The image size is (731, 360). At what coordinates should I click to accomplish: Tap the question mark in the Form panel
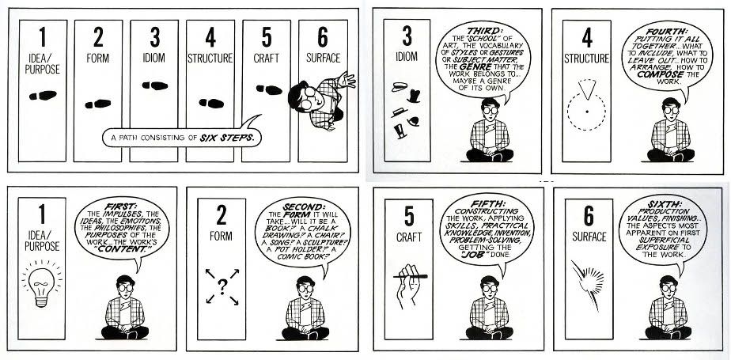pyautogui.click(x=222, y=286)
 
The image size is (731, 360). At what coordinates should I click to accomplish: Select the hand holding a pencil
pyautogui.click(x=409, y=286)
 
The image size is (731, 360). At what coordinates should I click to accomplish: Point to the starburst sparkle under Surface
pyautogui.click(x=588, y=283)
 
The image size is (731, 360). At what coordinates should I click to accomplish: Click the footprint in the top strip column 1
pyautogui.click(x=43, y=96)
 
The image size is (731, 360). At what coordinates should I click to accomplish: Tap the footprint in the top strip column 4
pyautogui.click(x=211, y=103)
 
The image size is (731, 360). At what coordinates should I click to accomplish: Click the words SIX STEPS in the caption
pyautogui.click(x=227, y=138)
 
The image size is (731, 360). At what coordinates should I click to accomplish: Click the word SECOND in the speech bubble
pyautogui.click(x=302, y=207)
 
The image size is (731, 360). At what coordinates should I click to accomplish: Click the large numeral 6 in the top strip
pyautogui.click(x=323, y=37)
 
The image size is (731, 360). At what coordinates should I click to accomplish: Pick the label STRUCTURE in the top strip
pyautogui.click(x=210, y=59)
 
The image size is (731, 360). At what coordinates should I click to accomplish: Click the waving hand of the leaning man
pyautogui.click(x=347, y=80)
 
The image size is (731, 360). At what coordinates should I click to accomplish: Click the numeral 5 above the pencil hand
pyautogui.click(x=409, y=216)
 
